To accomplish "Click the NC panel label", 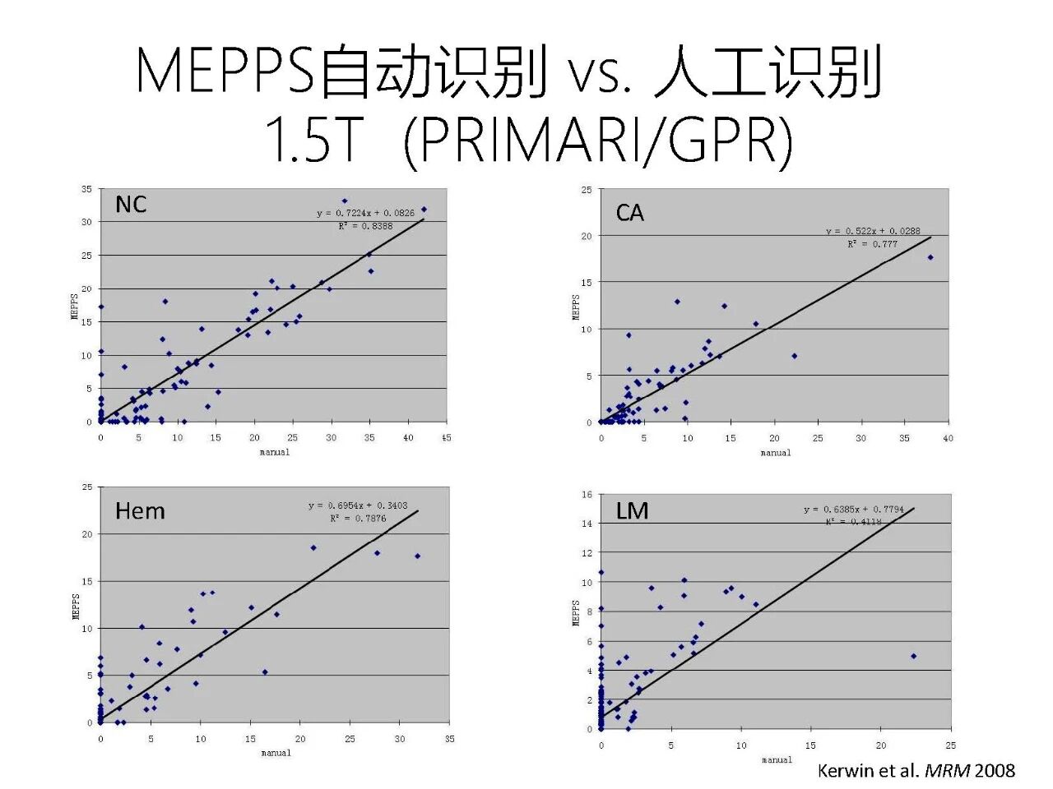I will pyautogui.click(x=131, y=204).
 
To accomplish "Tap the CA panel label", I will pyautogui.click(x=629, y=213).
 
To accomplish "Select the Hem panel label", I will pyautogui.click(x=140, y=511).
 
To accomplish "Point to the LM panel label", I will pyautogui.click(x=632, y=511).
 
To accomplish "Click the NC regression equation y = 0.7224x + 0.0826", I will pyautogui.click(x=366, y=213).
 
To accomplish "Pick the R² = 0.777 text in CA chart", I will pyautogui.click(x=873, y=244).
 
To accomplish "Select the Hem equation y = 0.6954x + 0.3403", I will pyautogui.click(x=358, y=505).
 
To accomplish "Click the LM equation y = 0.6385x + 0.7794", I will pyautogui.click(x=854, y=510).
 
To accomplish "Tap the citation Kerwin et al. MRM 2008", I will pyautogui.click(x=916, y=770).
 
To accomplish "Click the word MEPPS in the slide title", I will pyautogui.click(x=225, y=72).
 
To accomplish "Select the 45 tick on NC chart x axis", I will pyautogui.click(x=447, y=437).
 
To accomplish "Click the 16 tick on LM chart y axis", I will pyautogui.click(x=587, y=494).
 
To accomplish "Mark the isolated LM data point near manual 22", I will pyautogui.click(x=913, y=656).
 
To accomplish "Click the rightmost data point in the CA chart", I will pyautogui.click(x=930, y=257).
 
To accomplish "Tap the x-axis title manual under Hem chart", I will pyautogui.click(x=276, y=753).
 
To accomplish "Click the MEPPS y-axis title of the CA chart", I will pyautogui.click(x=576, y=307).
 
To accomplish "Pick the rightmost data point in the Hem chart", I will pyautogui.click(x=417, y=556).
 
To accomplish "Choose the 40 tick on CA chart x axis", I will pyautogui.click(x=948, y=438).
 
